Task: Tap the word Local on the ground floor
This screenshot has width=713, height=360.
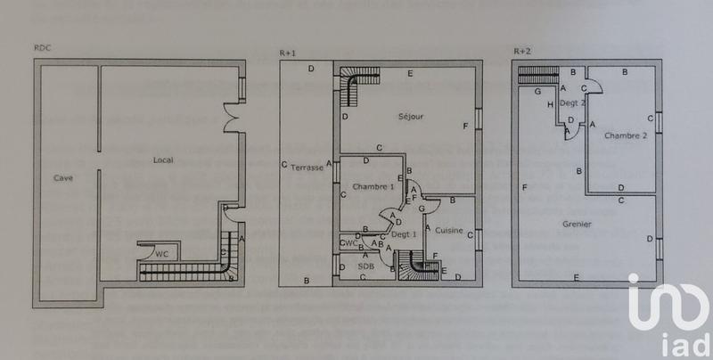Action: (x=163, y=160)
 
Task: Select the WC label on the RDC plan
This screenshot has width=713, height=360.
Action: (x=161, y=254)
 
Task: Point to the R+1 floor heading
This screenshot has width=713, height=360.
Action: (x=287, y=53)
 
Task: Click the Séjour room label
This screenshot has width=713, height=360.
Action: (x=410, y=117)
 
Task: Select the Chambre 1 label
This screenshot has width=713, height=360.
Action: (x=373, y=187)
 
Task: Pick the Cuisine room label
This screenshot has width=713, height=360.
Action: (x=449, y=231)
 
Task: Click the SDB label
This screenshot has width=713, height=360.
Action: (x=365, y=266)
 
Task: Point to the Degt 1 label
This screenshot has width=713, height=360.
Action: (x=406, y=234)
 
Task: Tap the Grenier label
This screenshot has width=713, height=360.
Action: (x=579, y=225)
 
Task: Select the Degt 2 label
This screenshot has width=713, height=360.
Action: (x=572, y=103)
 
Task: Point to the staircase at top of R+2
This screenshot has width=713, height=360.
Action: (x=538, y=76)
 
